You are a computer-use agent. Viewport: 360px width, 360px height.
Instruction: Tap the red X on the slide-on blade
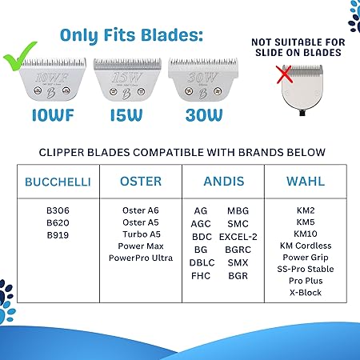click(x=285, y=74)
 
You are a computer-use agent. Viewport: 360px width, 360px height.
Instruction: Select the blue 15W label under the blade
click(x=126, y=115)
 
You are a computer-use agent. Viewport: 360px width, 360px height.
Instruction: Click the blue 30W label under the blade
click(x=204, y=115)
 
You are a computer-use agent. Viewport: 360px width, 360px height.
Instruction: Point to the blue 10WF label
click(x=53, y=115)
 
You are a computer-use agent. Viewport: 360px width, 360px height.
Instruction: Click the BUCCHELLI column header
click(x=58, y=182)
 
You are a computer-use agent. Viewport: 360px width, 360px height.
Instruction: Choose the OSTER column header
click(x=141, y=182)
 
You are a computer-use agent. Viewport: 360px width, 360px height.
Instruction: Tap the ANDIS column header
click(x=224, y=182)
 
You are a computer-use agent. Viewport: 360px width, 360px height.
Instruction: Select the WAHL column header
click(x=306, y=182)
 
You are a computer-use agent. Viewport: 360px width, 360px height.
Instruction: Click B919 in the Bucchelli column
click(x=58, y=235)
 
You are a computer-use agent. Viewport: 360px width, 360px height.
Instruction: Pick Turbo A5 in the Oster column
click(x=142, y=234)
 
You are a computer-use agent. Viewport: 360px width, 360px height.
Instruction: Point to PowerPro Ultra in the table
click(x=141, y=258)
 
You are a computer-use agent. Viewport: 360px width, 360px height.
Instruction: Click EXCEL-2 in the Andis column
click(x=238, y=237)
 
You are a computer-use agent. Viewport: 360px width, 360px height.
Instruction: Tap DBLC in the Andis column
click(x=202, y=262)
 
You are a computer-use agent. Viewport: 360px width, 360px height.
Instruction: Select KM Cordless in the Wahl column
click(x=306, y=246)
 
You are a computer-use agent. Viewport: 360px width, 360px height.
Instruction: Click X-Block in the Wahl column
click(x=306, y=293)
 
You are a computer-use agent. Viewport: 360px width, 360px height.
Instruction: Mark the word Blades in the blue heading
click(x=172, y=35)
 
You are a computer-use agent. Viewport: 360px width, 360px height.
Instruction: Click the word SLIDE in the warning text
click(x=270, y=53)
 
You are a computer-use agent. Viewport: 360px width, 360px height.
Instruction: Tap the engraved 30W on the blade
click(x=202, y=78)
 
